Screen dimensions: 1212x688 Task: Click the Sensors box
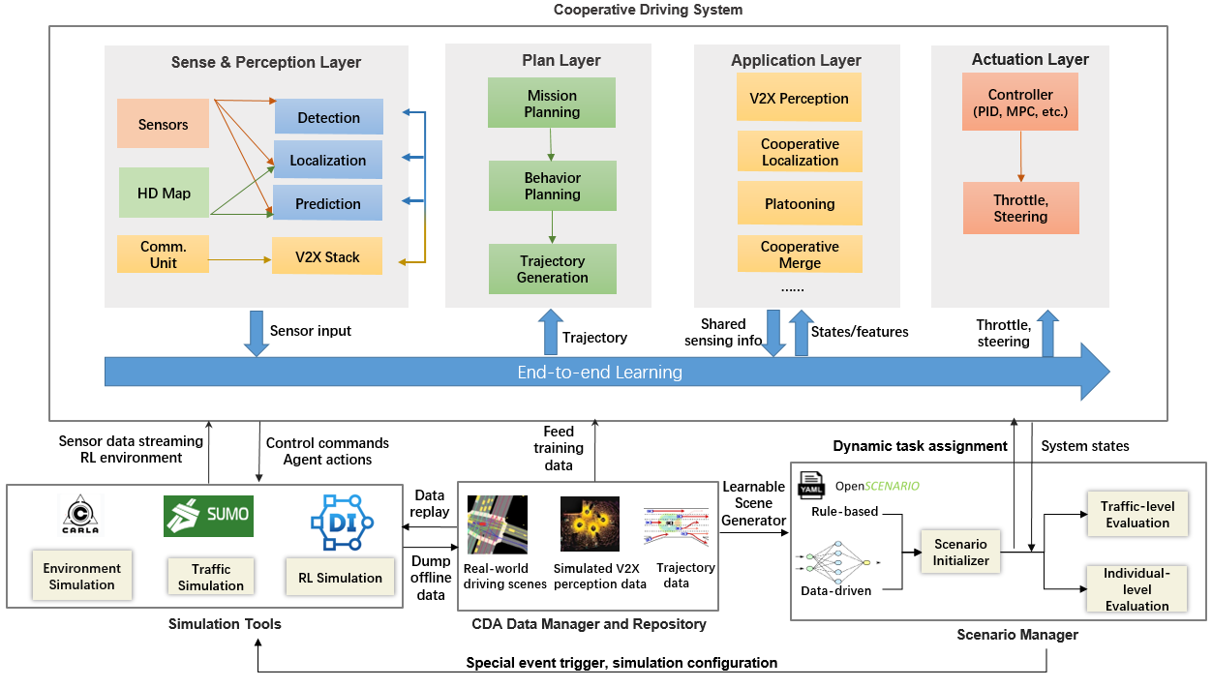(163, 123)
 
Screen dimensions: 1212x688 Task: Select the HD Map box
(164, 193)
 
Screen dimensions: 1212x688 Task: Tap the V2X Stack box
(327, 255)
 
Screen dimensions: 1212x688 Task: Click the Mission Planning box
(552, 103)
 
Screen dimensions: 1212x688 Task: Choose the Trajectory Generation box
(553, 269)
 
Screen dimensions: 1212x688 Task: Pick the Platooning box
(800, 203)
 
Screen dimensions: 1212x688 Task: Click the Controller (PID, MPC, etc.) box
(1020, 102)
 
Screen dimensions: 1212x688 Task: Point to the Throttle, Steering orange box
(1021, 208)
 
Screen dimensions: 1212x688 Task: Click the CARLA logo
(80, 515)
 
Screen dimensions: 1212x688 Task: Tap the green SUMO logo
(208, 516)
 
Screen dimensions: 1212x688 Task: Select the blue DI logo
(342, 522)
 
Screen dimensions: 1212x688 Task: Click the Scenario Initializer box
(960, 552)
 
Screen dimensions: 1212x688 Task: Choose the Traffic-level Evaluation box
(1137, 514)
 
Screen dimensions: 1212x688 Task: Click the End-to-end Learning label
(599, 373)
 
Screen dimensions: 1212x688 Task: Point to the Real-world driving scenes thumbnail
(498, 524)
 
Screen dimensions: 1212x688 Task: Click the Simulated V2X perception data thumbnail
(590, 523)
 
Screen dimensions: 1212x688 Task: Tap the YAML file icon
(810, 485)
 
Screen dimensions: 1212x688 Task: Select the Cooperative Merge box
(800, 254)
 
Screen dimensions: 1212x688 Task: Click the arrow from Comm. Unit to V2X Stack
(240, 259)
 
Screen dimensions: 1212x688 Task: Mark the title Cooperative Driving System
(648, 10)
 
